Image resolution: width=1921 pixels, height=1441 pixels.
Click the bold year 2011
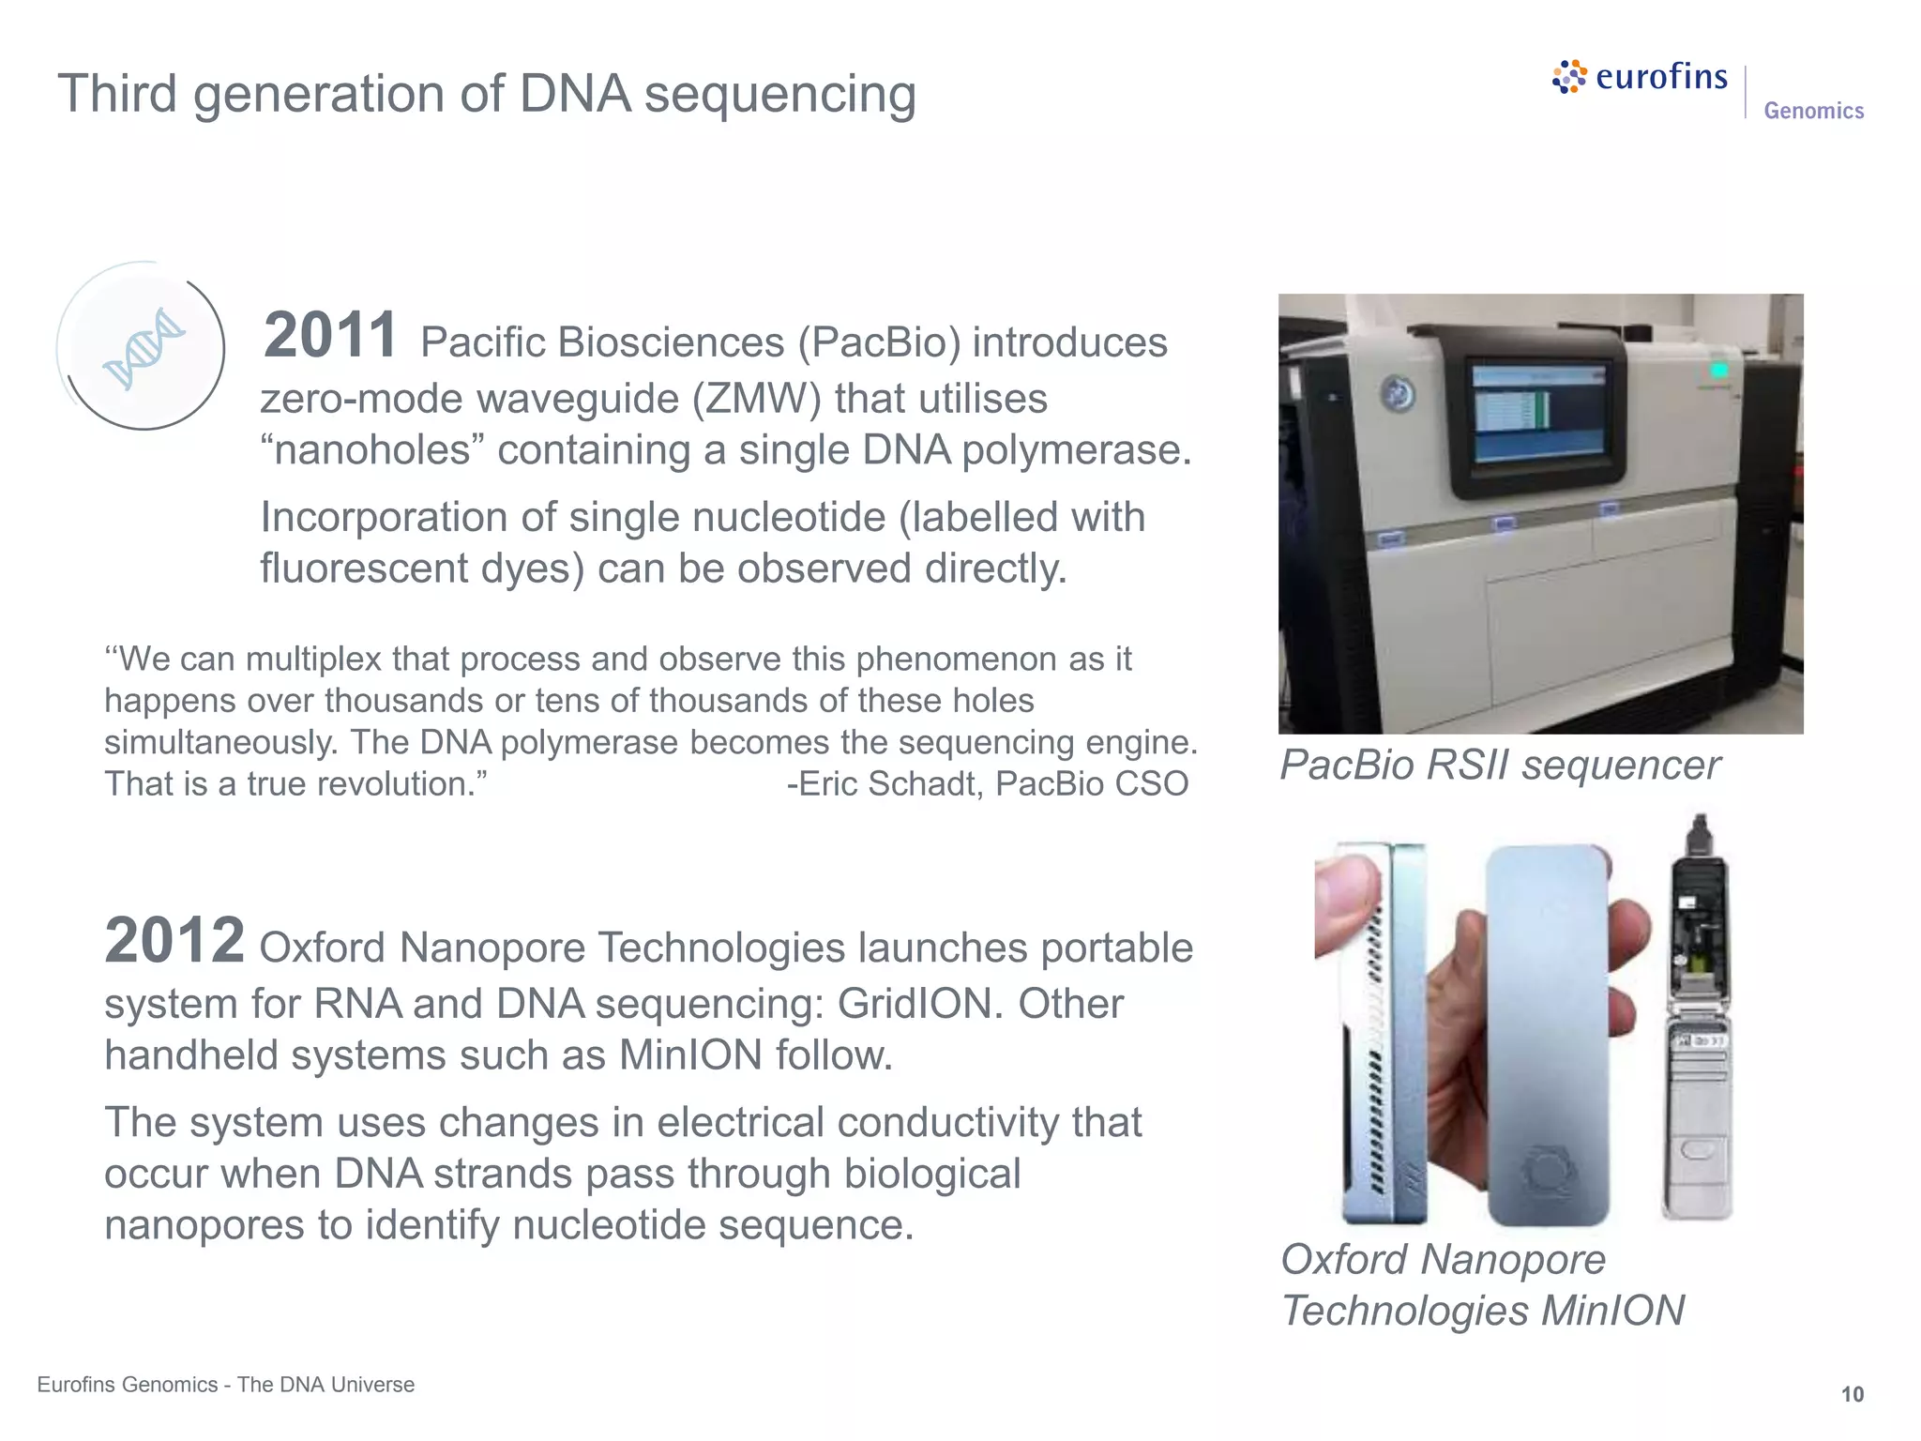click(330, 336)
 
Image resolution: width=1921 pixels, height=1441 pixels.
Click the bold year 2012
click(174, 941)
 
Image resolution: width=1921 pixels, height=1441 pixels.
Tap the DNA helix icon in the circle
click(144, 348)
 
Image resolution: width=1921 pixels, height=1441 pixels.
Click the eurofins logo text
click(1660, 77)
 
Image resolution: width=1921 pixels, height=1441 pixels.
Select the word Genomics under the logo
click(1813, 111)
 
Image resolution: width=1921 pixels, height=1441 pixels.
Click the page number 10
click(1852, 1394)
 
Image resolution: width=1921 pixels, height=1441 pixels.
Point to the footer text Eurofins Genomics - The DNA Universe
click(225, 1385)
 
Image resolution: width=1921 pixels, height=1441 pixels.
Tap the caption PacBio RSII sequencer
click(1499, 765)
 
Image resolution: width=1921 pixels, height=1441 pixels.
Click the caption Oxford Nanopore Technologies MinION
click(1482, 1285)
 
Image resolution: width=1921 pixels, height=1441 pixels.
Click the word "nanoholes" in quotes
click(372, 450)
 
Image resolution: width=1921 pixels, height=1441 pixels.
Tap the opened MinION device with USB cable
click(1698, 1023)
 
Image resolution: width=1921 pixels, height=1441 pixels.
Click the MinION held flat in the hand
click(1548, 1032)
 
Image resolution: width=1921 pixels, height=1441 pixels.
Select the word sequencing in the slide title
click(779, 95)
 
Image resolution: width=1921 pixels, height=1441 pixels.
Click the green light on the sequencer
click(1718, 371)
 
